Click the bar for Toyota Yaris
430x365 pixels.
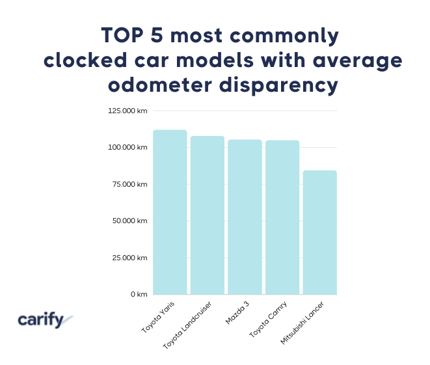pos(170,212)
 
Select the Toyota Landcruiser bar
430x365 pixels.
pos(208,215)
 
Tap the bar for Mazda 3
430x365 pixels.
pos(245,217)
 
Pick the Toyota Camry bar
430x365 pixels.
pos(282,217)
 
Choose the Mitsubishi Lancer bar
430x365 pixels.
pos(319,232)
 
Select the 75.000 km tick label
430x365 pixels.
pos(128,185)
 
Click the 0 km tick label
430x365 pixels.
pos(137,295)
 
